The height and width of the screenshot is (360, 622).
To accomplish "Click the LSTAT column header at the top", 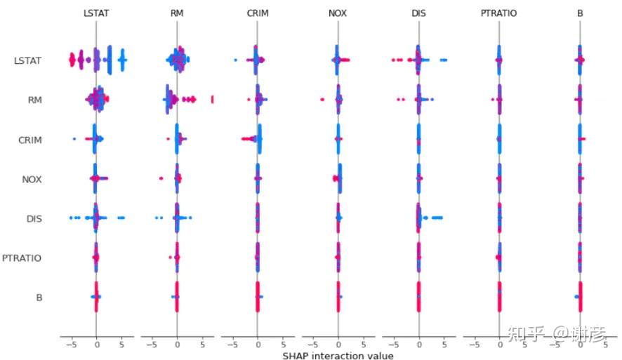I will tap(95, 12).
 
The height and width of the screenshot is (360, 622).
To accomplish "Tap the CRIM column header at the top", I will tap(258, 12).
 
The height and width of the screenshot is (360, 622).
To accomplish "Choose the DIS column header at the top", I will tap(419, 12).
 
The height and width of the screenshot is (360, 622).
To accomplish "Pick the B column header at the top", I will tap(580, 12).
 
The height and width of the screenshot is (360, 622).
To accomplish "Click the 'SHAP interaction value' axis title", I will tap(338, 356).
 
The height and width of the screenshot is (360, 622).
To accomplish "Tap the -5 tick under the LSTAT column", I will tap(70, 345).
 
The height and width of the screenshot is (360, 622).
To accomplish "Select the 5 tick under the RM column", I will tap(202, 345).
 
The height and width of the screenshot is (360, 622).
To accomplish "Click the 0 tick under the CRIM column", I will tap(258, 345).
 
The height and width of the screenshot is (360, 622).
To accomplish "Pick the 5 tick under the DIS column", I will tap(444, 345).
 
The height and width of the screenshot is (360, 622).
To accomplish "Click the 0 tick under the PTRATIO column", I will tap(500, 345).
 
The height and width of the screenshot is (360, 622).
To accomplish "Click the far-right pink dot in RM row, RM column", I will tap(212, 99).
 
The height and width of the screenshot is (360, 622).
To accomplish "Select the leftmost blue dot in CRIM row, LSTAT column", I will tap(74, 140).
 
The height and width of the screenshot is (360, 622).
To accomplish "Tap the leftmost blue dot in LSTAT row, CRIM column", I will tap(235, 60).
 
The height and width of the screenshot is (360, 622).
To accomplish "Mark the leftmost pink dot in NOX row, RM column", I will tap(161, 179).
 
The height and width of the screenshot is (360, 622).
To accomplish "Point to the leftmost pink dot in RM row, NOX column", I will tap(322, 100).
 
